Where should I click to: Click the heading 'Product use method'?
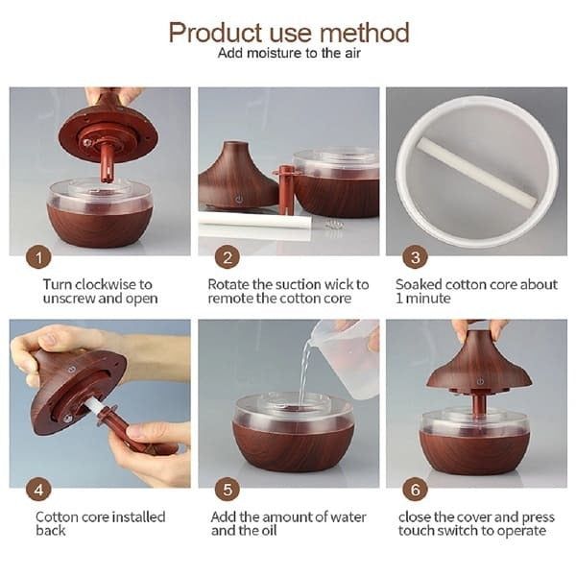[x=288, y=32]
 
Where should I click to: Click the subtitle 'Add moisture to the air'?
[x=288, y=54]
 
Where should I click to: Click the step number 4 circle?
[x=38, y=492]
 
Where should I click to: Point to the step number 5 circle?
[x=227, y=492]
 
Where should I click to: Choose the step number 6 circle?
[x=415, y=492]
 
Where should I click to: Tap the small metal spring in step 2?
[x=334, y=227]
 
